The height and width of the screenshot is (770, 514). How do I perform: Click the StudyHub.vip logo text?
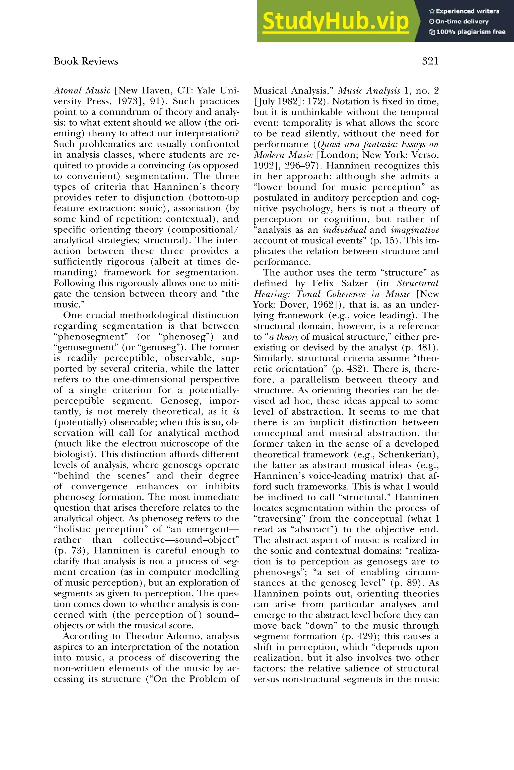[x=335, y=21]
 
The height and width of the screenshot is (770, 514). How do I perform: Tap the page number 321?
[x=430, y=61]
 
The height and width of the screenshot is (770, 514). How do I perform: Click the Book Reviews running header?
[x=86, y=61]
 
